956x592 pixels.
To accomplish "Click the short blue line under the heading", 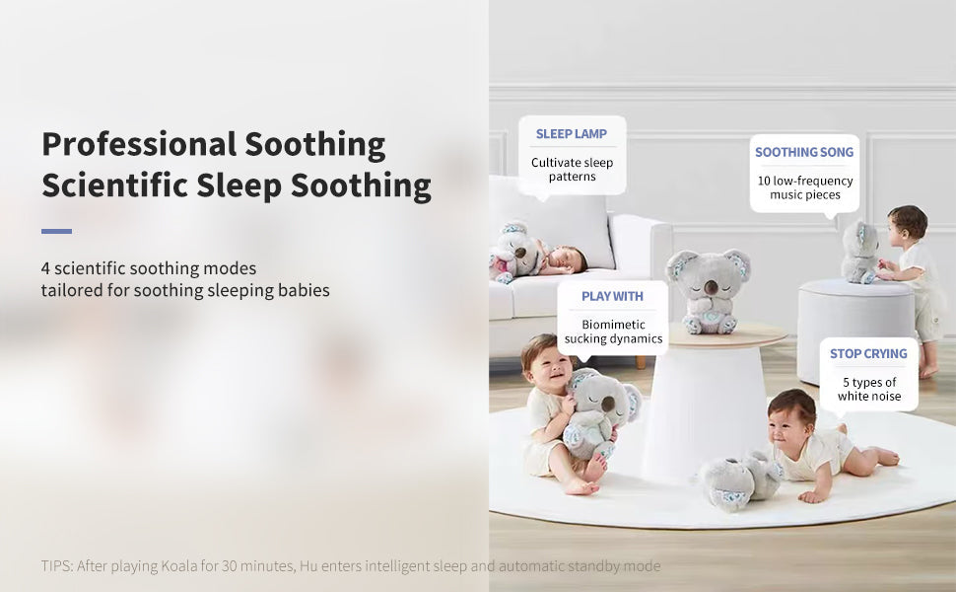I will (x=56, y=231).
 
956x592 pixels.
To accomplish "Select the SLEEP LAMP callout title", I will (x=571, y=133).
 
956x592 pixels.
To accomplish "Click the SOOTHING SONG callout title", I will (x=804, y=152).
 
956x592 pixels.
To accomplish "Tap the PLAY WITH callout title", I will (x=612, y=296).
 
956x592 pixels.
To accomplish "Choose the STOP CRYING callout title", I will (x=867, y=353).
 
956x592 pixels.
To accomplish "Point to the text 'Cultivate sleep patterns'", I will (x=572, y=170).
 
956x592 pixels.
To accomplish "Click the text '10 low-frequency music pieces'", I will (x=804, y=187).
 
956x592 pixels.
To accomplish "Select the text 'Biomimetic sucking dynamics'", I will (x=613, y=332).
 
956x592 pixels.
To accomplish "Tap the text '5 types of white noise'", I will (x=868, y=389).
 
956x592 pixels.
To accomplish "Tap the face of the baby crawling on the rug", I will (x=790, y=418).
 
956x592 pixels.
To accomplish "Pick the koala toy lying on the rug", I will (x=739, y=480).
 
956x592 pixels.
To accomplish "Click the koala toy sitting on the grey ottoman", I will (x=858, y=253).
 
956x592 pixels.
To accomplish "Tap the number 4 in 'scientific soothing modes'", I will (x=46, y=268).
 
